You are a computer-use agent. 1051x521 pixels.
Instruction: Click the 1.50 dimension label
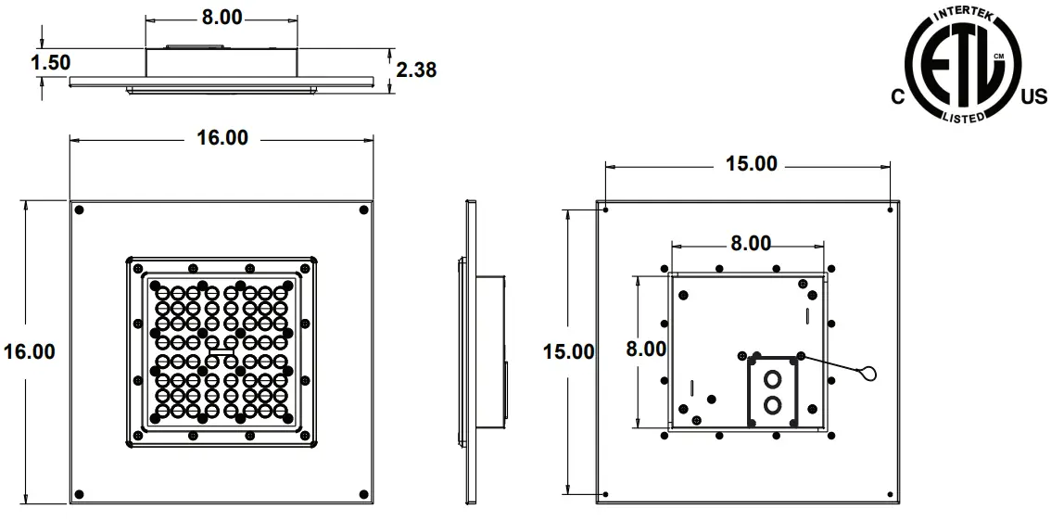[51, 62]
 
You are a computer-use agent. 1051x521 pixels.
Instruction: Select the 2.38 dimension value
[416, 70]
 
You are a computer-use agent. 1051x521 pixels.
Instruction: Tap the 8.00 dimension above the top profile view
[222, 16]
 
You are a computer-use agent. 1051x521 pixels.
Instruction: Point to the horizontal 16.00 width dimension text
[222, 138]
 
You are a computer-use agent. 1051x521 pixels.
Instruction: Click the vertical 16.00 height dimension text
[29, 352]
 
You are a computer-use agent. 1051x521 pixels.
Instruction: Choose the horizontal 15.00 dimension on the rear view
[751, 164]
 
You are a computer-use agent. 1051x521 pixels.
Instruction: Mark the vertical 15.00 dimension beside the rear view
[568, 352]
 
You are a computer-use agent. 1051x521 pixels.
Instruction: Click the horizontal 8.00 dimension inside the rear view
[750, 244]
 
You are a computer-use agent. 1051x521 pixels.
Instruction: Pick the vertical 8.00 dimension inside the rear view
[646, 349]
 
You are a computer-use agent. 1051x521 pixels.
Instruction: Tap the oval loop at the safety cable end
[867, 374]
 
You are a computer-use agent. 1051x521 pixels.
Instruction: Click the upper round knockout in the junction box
[771, 380]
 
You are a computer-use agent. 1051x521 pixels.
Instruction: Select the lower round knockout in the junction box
[771, 404]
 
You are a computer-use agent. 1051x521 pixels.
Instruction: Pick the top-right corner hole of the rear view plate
[890, 209]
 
